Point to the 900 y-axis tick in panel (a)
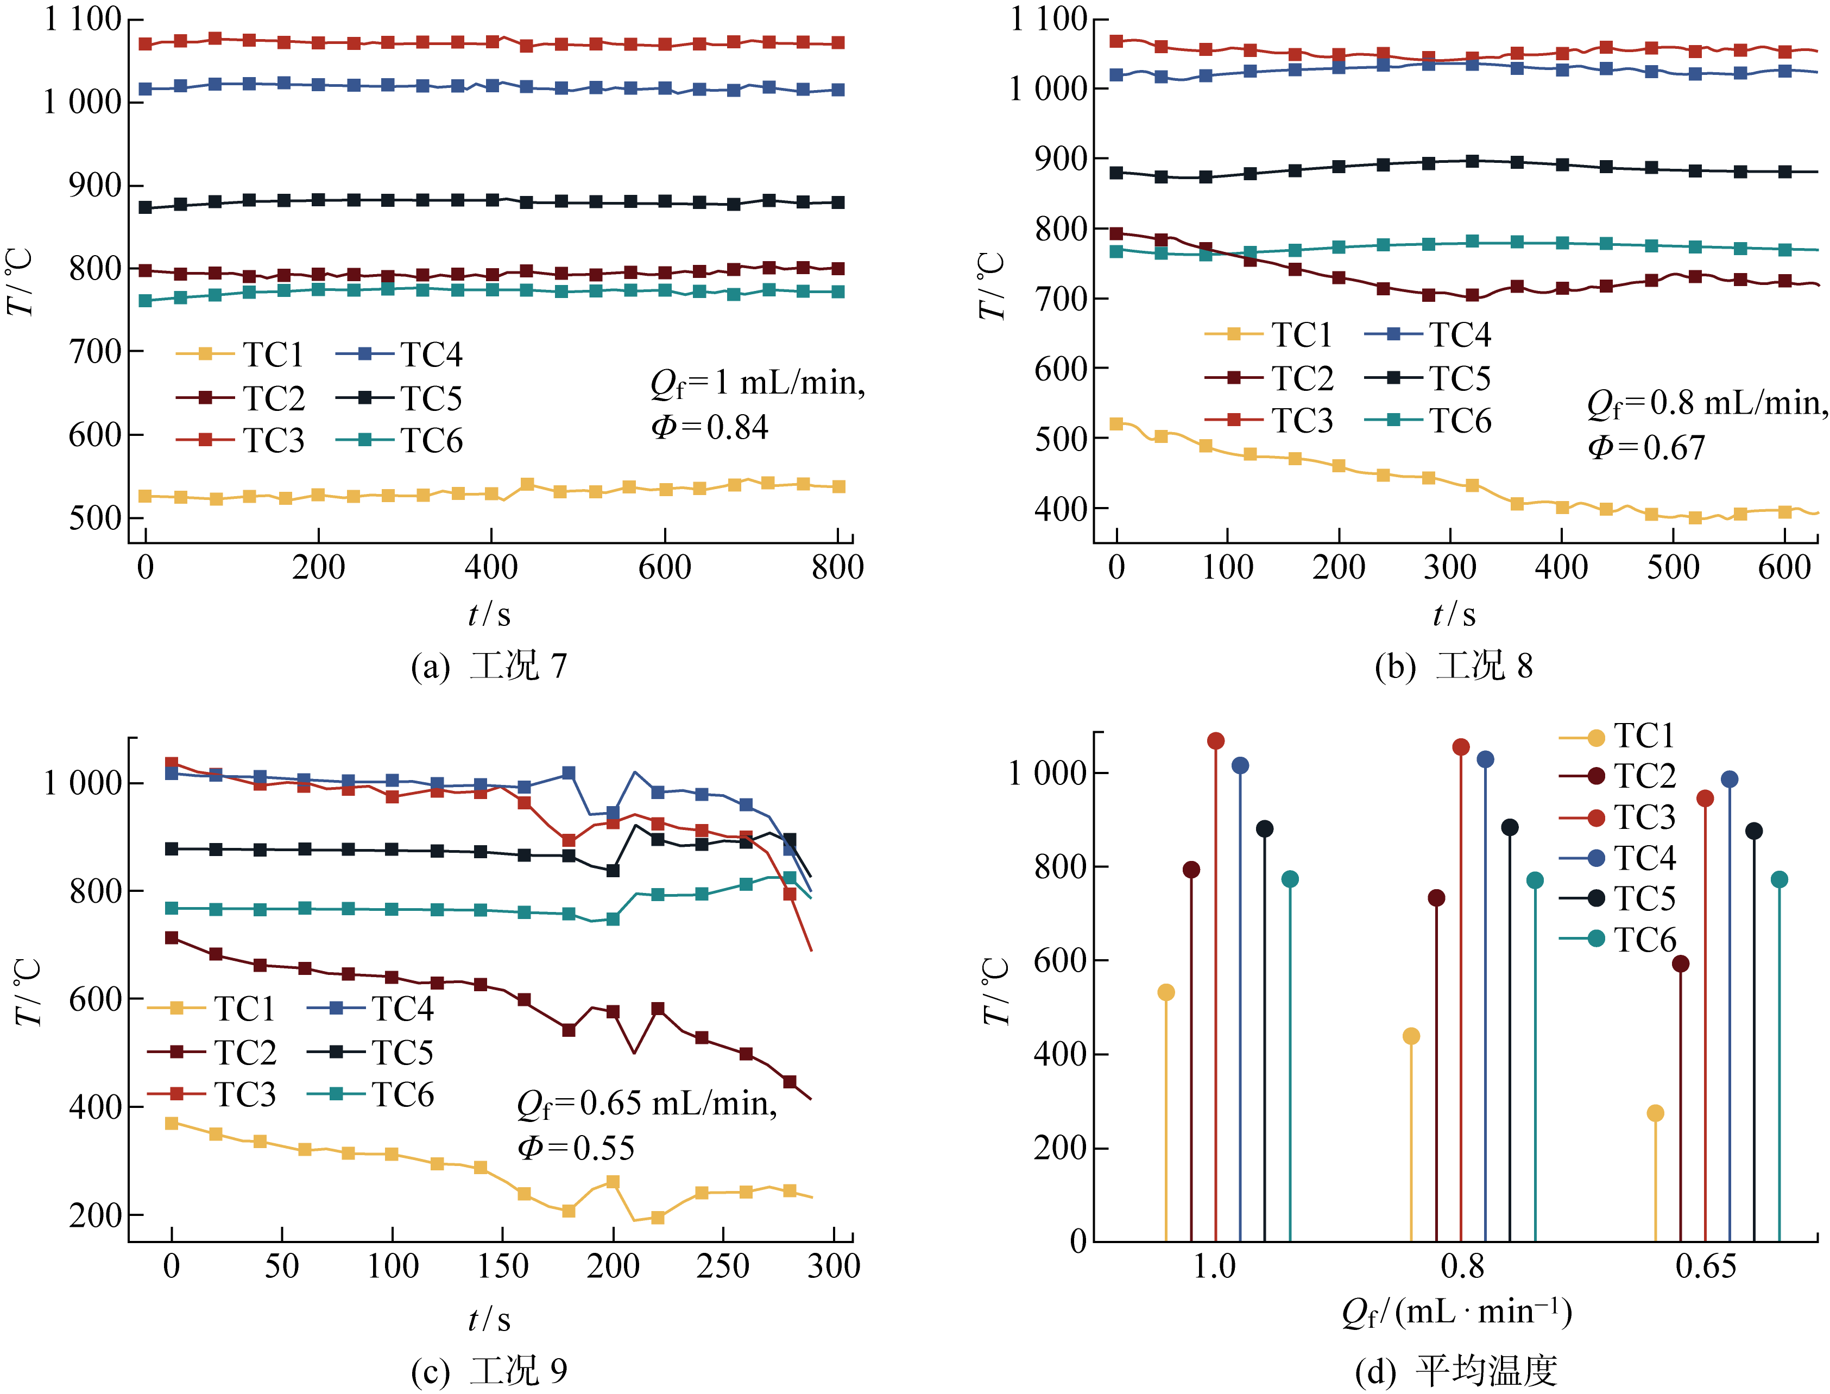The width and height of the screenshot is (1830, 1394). click(x=94, y=185)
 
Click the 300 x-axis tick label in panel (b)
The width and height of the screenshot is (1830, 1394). click(x=1450, y=568)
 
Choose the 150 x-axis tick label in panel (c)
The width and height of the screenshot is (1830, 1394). click(x=503, y=1266)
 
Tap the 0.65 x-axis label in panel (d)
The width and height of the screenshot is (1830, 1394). click(x=1706, y=1266)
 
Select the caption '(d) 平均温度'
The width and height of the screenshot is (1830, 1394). click(x=1456, y=1371)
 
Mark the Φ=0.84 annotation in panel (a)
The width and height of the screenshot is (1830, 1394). click(x=710, y=427)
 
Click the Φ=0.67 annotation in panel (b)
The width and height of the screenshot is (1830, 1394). click(x=1646, y=448)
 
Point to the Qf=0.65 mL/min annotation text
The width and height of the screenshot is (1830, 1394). click(x=647, y=1104)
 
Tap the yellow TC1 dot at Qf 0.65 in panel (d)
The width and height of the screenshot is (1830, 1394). click(x=1655, y=1113)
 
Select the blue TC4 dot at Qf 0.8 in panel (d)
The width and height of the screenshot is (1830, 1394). click(x=1486, y=759)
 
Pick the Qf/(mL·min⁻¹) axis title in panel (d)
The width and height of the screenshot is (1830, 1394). click(x=1456, y=1313)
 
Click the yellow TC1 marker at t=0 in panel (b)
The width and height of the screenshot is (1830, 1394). click(x=1116, y=424)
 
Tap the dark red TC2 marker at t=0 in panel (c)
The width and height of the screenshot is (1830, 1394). click(x=172, y=937)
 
